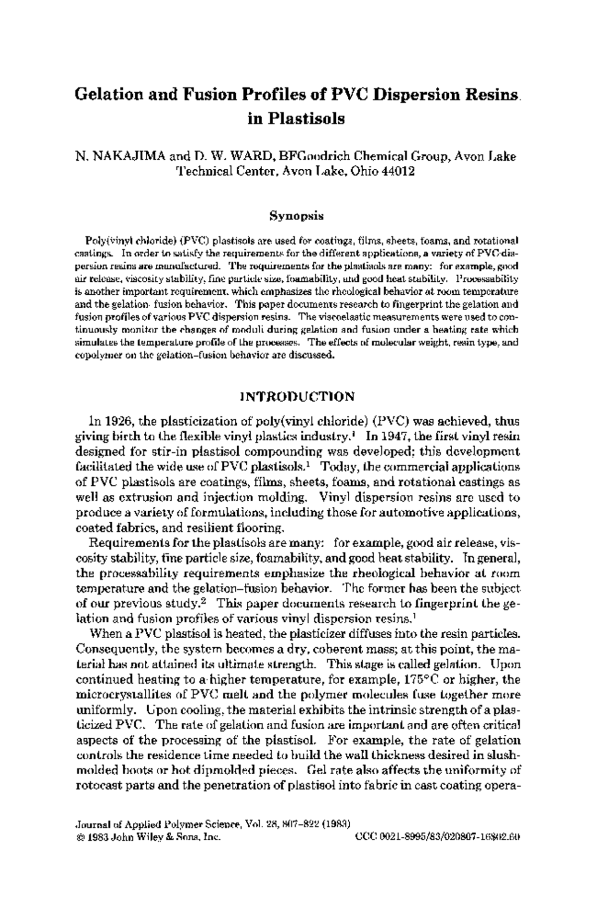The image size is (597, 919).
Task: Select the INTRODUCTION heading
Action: point(297,397)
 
